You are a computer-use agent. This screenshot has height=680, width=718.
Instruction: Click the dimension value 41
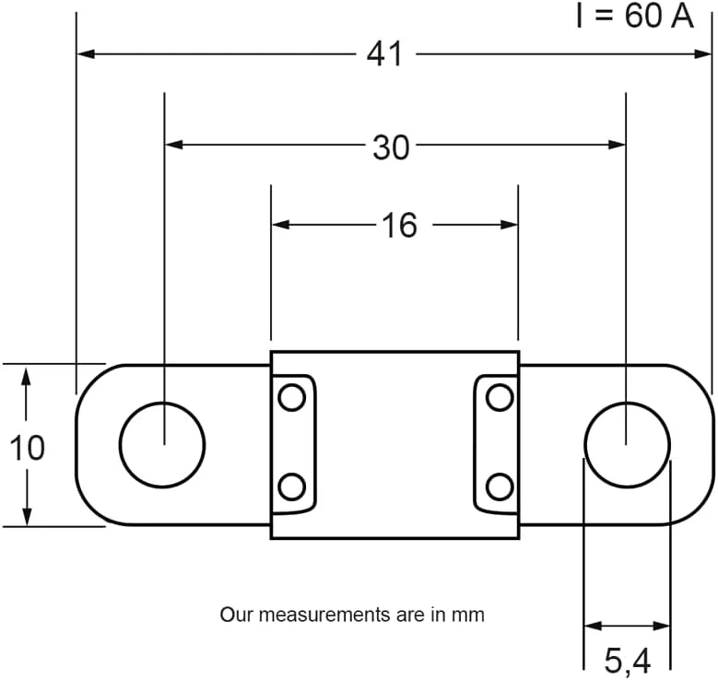(x=384, y=54)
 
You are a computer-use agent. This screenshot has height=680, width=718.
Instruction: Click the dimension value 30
(x=390, y=147)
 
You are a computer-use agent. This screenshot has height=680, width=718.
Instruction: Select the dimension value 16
(x=399, y=225)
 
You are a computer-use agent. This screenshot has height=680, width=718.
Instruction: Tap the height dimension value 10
(x=27, y=448)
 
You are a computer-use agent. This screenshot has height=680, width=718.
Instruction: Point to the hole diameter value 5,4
(x=628, y=660)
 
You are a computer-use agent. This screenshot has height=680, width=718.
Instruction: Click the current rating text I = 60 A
(x=633, y=16)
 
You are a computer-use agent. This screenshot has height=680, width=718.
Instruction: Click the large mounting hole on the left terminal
(x=162, y=444)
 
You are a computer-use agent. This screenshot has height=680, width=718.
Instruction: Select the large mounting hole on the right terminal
(x=627, y=444)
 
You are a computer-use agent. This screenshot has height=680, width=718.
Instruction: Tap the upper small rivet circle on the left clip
(x=291, y=398)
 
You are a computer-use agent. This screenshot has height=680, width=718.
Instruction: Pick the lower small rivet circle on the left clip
(x=291, y=486)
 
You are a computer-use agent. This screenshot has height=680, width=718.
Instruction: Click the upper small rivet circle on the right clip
(x=500, y=398)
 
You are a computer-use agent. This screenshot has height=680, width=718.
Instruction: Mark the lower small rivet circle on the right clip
(x=500, y=486)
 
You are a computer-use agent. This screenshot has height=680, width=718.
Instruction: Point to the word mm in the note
(x=467, y=614)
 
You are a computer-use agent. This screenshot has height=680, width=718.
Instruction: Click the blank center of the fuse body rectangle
(x=394, y=444)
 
